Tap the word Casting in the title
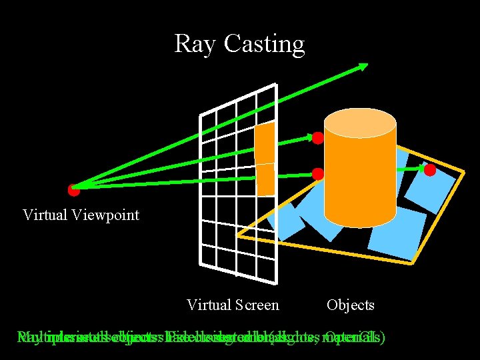pyautogui.click(x=264, y=45)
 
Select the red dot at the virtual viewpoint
pyautogui.click(x=74, y=190)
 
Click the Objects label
pyautogui.click(x=351, y=305)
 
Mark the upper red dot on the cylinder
pyautogui.click(x=318, y=138)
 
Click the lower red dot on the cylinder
pyautogui.click(x=318, y=174)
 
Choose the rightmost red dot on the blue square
pyautogui.click(x=430, y=170)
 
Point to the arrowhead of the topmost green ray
pyautogui.click(x=364, y=65)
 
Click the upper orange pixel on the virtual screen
pyautogui.click(x=265, y=143)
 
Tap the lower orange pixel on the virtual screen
pyautogui.click(x=265, y=179)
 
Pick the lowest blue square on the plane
pyautogui.click(x=397, y=233)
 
